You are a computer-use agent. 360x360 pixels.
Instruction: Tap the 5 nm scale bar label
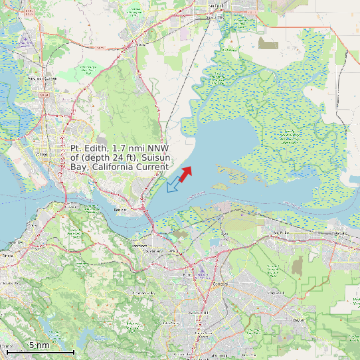(x=39, y=345)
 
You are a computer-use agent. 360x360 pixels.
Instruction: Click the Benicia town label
(x=120, y=209)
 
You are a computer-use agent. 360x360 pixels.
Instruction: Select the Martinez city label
(x=140, y=246)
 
